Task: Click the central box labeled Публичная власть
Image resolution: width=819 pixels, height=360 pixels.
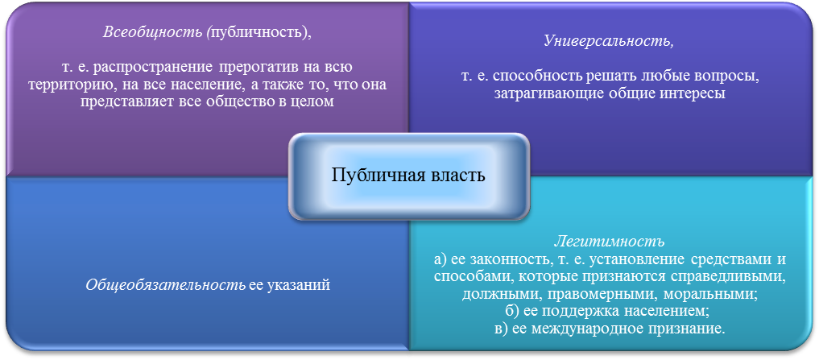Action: click(x=408, y=176)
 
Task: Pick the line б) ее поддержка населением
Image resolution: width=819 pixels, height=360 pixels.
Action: click(x=609, y=312)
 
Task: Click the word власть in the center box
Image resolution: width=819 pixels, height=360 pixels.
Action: click(x=461, y=175)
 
